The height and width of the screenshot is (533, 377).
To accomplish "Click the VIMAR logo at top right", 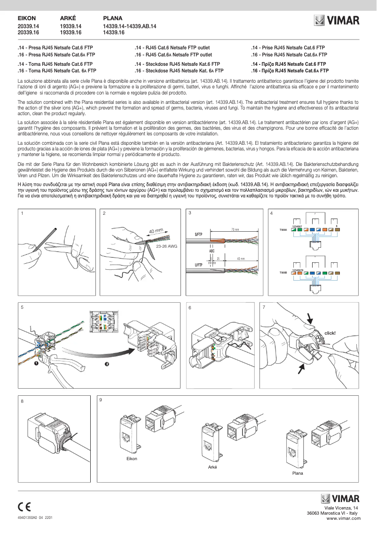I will [337, 20].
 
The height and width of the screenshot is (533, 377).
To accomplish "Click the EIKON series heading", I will [26, 18].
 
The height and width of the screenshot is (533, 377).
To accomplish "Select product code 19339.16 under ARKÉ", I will [71, 32].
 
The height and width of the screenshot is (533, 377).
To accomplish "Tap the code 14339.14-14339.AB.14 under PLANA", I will [129, 26].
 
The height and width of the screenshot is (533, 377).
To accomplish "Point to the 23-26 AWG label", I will [166, 246].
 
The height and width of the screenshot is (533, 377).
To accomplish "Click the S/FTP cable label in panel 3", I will [198, 234].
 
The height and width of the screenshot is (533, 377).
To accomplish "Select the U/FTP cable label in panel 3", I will [198, 265].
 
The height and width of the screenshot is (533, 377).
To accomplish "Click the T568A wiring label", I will [283, 230].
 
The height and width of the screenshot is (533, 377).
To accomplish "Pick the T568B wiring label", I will [283, 273].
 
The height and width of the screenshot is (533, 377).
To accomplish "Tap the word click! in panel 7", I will [330, 333].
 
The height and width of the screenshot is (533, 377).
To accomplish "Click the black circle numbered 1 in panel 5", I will [36, 363].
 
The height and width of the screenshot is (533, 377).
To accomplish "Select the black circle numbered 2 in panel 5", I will [107, 366].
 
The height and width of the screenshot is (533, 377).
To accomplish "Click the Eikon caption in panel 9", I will [132, 458].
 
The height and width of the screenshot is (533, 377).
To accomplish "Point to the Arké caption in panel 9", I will [212, 467].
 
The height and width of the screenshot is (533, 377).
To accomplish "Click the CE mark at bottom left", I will [24, 507].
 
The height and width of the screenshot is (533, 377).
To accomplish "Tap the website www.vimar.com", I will [342, 517].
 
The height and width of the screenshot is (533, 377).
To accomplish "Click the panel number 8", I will [22, 401].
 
